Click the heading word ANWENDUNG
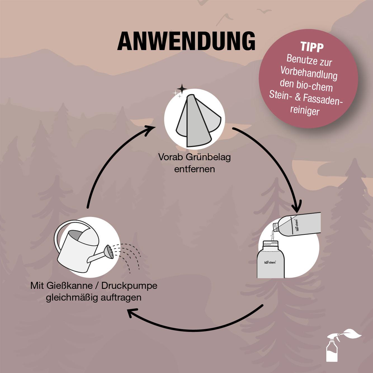click(x=186, y=41)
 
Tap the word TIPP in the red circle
click(x=312, y=47)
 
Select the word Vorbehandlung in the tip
click(x=309, y=74)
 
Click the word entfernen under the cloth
click(x=194, y=169)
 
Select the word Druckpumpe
click(x=129, y=286)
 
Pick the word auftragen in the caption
click(x=121, y=298)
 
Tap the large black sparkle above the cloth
click(x=182, y=89)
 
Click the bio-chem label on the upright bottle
click(x=270, y=262)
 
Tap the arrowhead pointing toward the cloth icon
click(x=150, y=130)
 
